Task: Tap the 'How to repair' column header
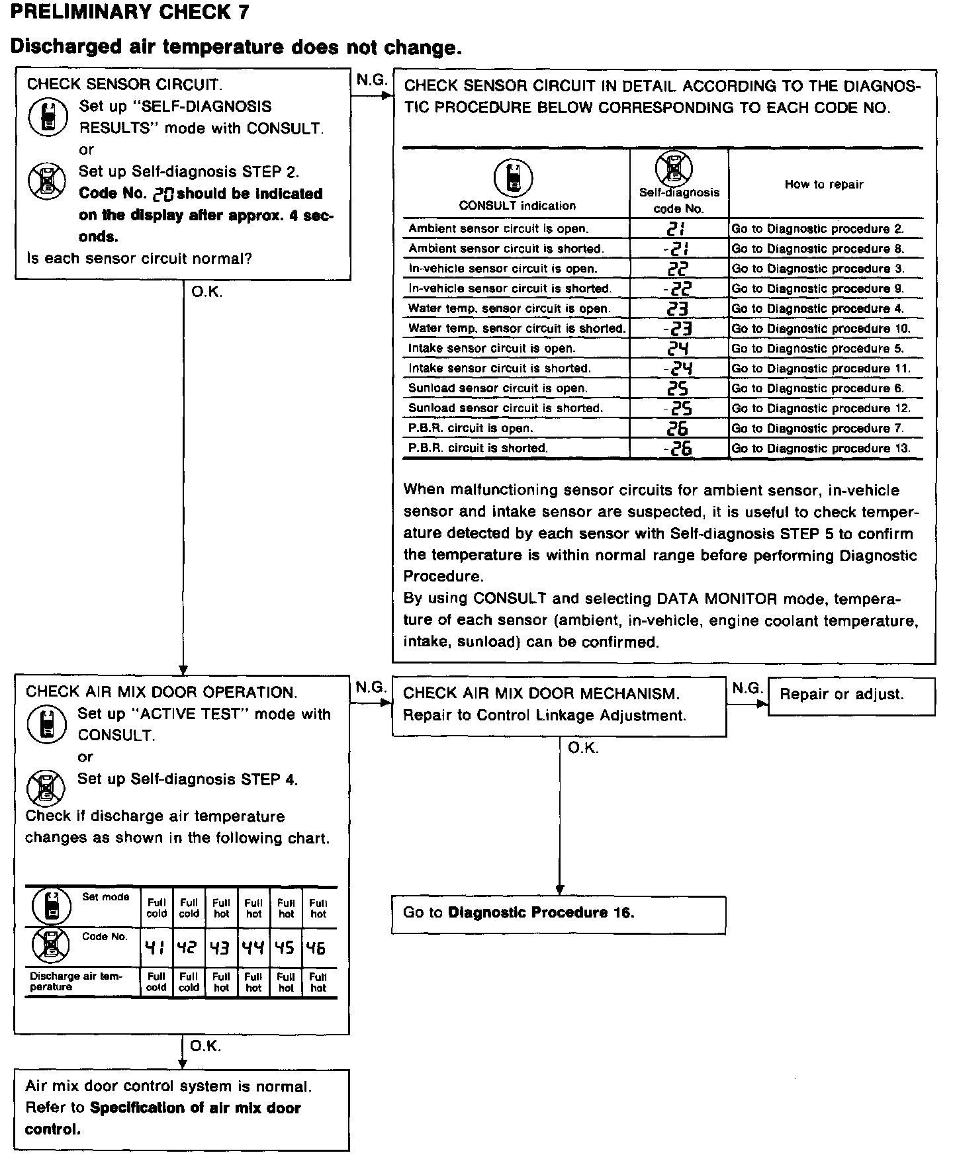click(824, 185)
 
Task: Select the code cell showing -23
click(678, 329)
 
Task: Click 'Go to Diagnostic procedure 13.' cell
click(821, 449)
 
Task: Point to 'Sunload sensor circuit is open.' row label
click(498, 388)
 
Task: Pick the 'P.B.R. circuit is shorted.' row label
click(478, 449)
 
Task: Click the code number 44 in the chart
click(253, 948)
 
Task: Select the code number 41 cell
click(156, 948)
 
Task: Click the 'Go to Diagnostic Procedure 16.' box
click(519, 913)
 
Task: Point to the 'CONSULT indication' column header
click(517, 206)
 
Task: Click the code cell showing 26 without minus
click(678, 429)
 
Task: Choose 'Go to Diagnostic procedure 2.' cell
click(817, 229)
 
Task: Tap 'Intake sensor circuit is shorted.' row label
click(500, 368)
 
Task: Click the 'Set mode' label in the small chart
click(106, 897)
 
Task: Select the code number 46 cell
click(318, 948)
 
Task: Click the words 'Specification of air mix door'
click(195, 1108)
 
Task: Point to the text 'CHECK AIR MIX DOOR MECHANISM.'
click(541, 694)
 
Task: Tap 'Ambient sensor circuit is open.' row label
click(498, 229)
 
